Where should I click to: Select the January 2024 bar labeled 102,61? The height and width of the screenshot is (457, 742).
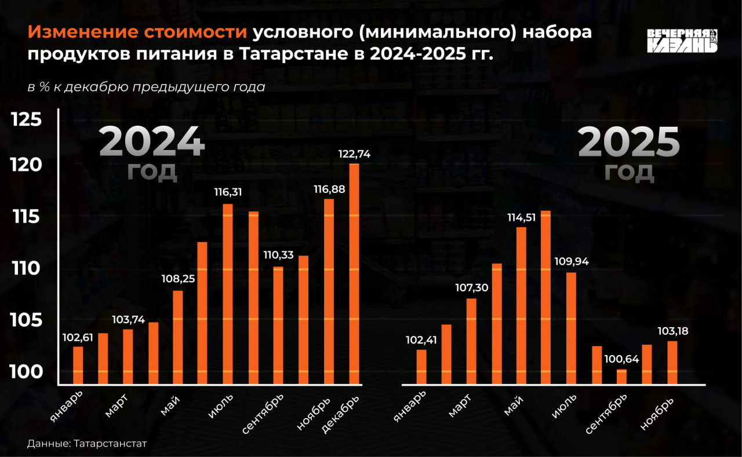(78, 365)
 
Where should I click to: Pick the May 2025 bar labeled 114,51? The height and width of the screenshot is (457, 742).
(521, 305)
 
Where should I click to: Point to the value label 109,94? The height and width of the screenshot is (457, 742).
(571, 261)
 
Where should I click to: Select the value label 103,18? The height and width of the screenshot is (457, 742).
(672, 331)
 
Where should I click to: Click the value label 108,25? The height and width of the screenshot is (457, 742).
(177, 279)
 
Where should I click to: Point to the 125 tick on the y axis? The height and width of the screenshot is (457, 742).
(27, 120)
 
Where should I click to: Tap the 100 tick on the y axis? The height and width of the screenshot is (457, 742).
(27, 371)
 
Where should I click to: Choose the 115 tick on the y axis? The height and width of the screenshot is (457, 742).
(27, 217)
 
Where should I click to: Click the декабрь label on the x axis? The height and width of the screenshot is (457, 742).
(341, 413)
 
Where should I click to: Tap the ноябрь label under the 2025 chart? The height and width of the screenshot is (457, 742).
(657, 414)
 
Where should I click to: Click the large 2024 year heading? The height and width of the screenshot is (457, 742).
(152, 142)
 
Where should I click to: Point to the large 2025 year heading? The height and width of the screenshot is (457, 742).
(628, 142)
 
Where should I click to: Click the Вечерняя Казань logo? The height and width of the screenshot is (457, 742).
(682, 41)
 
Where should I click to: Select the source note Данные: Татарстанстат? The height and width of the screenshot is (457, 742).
(87, 443)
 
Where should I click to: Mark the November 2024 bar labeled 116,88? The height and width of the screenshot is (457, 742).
(329, 291)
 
